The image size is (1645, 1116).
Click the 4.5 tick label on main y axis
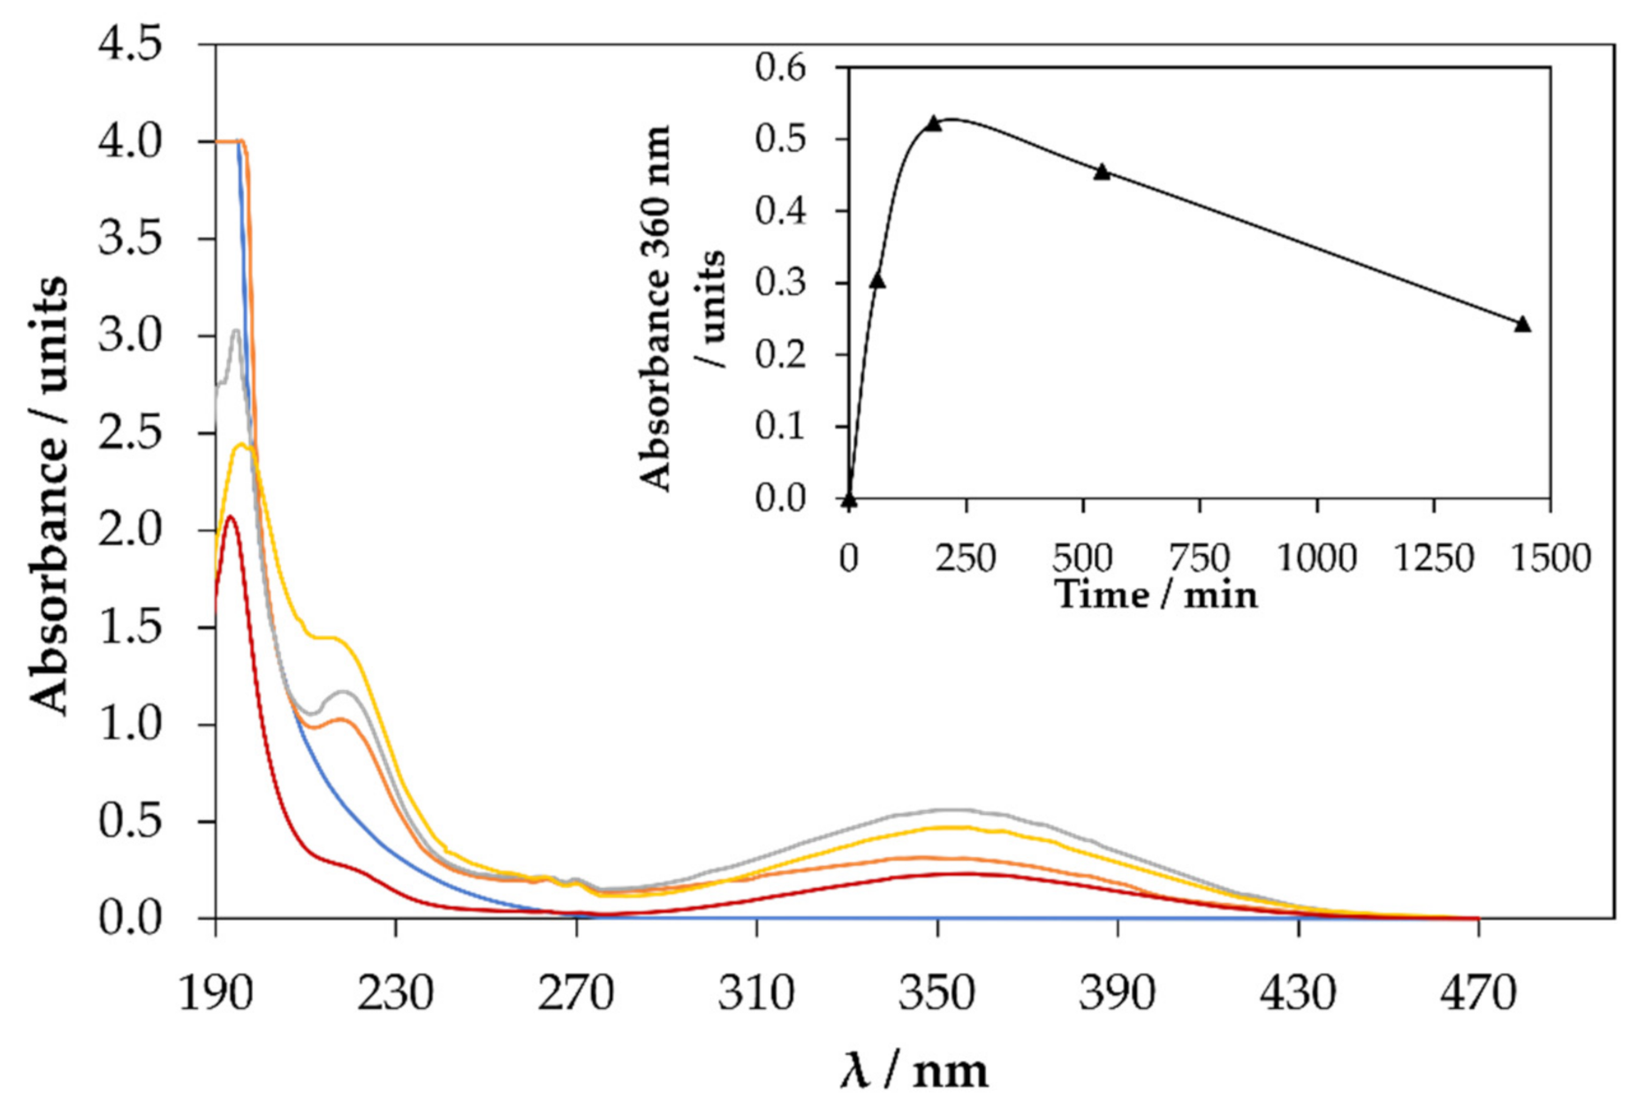pyautogui.click(x=130, y=45)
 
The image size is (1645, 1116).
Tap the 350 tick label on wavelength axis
pyautogui.click(x=936, y=992)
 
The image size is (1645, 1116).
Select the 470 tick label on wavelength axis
pyautogui.click(x=1478, y=992)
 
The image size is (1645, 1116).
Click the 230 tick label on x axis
pyautogui.click(x=395, y=992)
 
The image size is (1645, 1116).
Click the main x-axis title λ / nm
pyautogui.click(x=913, y=1070)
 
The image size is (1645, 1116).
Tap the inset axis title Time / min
pyautogui.click(x=1156, y=595)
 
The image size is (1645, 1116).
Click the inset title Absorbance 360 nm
pyautogui.click(x=656, y=309)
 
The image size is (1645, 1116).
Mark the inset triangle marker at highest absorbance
pyautogui.click(x=934, y=124)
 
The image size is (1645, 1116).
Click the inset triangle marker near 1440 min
pyautogui.click(x=1522, y=324)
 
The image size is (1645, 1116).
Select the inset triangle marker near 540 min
pyautogui.click(x=1102, y=171)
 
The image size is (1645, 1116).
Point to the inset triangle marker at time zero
pyautogui.click(x=849, y=500)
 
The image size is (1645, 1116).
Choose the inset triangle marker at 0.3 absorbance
pyautogui.click(x=877, y=280)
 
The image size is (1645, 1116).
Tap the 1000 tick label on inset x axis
pyautogui.click(x=1316, y=558)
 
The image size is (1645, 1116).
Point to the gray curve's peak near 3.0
pyautogui.click(x=236, y=331)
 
